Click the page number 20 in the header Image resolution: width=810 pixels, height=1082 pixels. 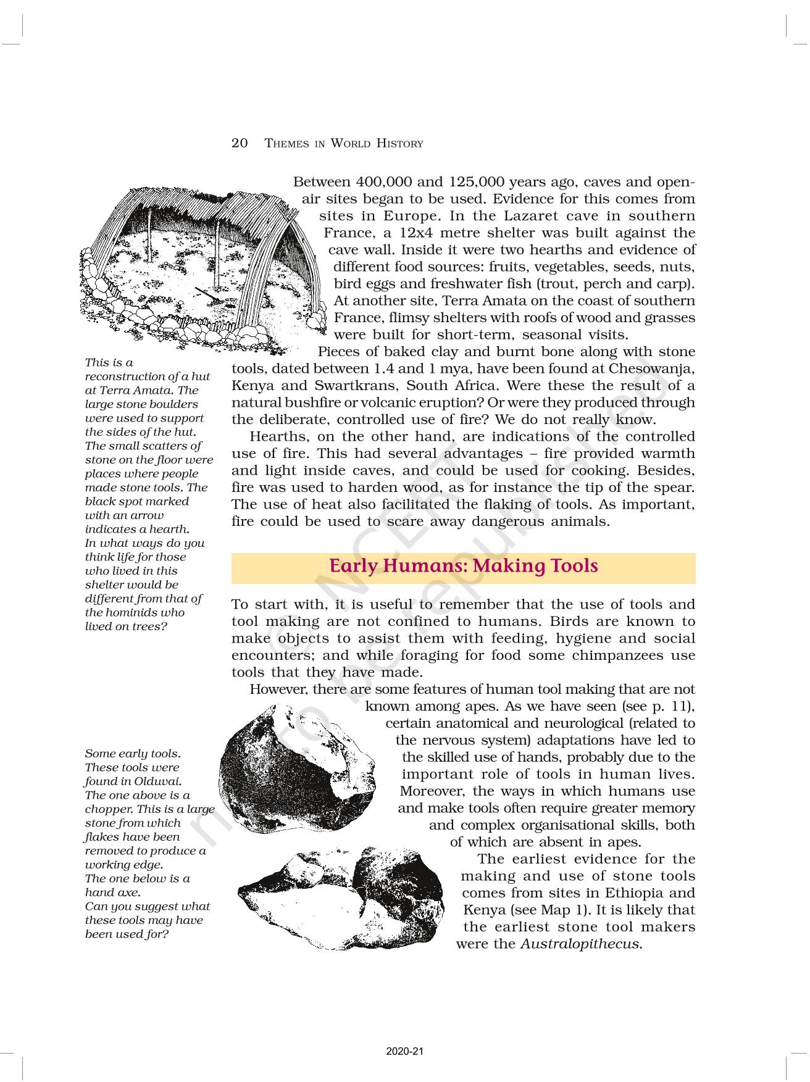click(x=240, y=143)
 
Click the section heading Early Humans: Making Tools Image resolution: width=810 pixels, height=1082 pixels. click(x=463, y=566)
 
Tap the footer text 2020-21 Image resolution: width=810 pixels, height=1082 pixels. click(x=405, y=1052)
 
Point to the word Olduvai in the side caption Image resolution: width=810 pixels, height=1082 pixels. click(x=157, y=781)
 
